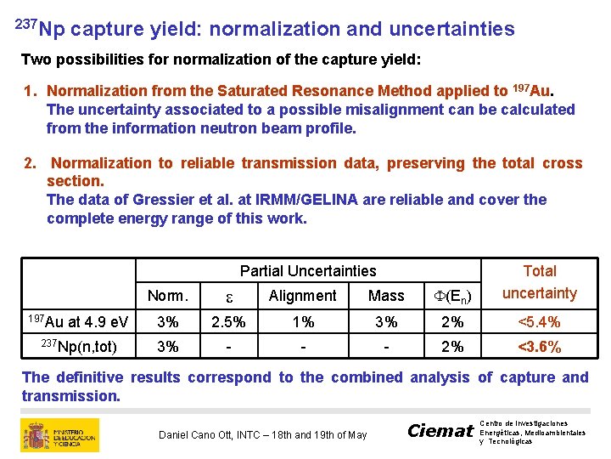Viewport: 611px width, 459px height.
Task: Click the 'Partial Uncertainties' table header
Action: [307, 271]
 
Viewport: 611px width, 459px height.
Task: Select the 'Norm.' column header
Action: [168, 296]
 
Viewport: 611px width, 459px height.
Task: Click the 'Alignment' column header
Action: [302, 296]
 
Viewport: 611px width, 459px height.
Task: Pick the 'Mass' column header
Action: [386, 296]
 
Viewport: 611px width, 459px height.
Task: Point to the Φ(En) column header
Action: [452, 296]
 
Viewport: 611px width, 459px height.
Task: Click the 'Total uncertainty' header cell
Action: [539, 282]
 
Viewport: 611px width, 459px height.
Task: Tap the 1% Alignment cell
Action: [302, 322]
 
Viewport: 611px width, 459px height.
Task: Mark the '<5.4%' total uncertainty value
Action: [539, 322]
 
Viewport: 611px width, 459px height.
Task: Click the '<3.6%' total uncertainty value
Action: [539, 347]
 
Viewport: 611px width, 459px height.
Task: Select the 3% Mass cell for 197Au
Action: [386, 322]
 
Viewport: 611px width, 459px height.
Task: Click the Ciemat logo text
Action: [440, 431]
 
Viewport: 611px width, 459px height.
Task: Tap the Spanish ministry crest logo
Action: [36, 434]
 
